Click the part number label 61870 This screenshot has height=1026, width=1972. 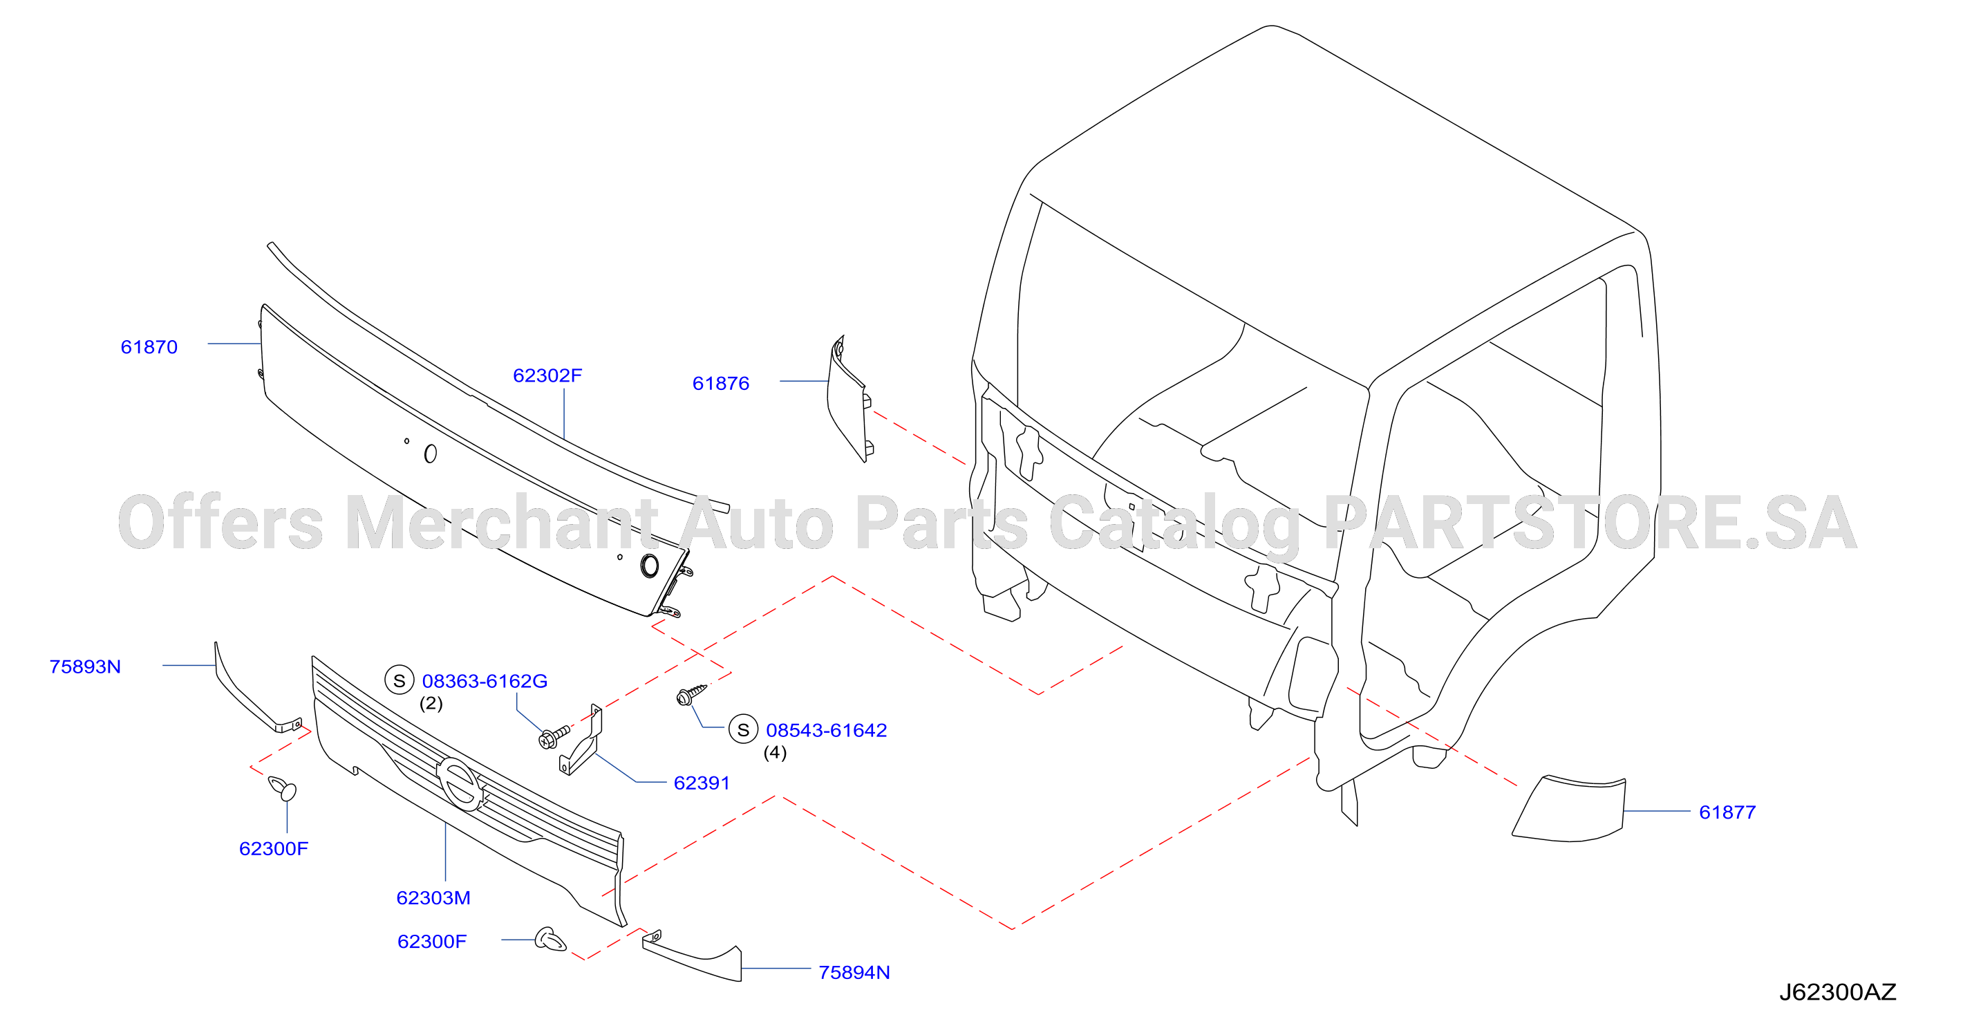point(149,347)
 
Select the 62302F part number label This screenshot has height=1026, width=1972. point(547,375)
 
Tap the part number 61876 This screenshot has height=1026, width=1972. point(720,383)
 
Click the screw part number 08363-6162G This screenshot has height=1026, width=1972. point(485,681)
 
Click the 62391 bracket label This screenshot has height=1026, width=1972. point(701,783)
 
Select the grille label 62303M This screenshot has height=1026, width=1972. point(433,897)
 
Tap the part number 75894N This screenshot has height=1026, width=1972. point(854,972)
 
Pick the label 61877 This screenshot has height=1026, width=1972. point(1727,812)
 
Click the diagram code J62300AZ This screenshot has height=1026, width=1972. point(1837,992)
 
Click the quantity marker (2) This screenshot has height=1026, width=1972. point(431,703)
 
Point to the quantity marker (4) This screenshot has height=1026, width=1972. point(775,752)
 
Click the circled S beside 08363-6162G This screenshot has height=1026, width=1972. point(399,680)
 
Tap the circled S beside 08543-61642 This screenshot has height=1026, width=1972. point(742,729)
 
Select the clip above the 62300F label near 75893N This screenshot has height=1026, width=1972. point(283,788)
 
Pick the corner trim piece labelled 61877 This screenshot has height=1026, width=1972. point(1569,810)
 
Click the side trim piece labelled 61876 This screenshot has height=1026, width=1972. point(847,400)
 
